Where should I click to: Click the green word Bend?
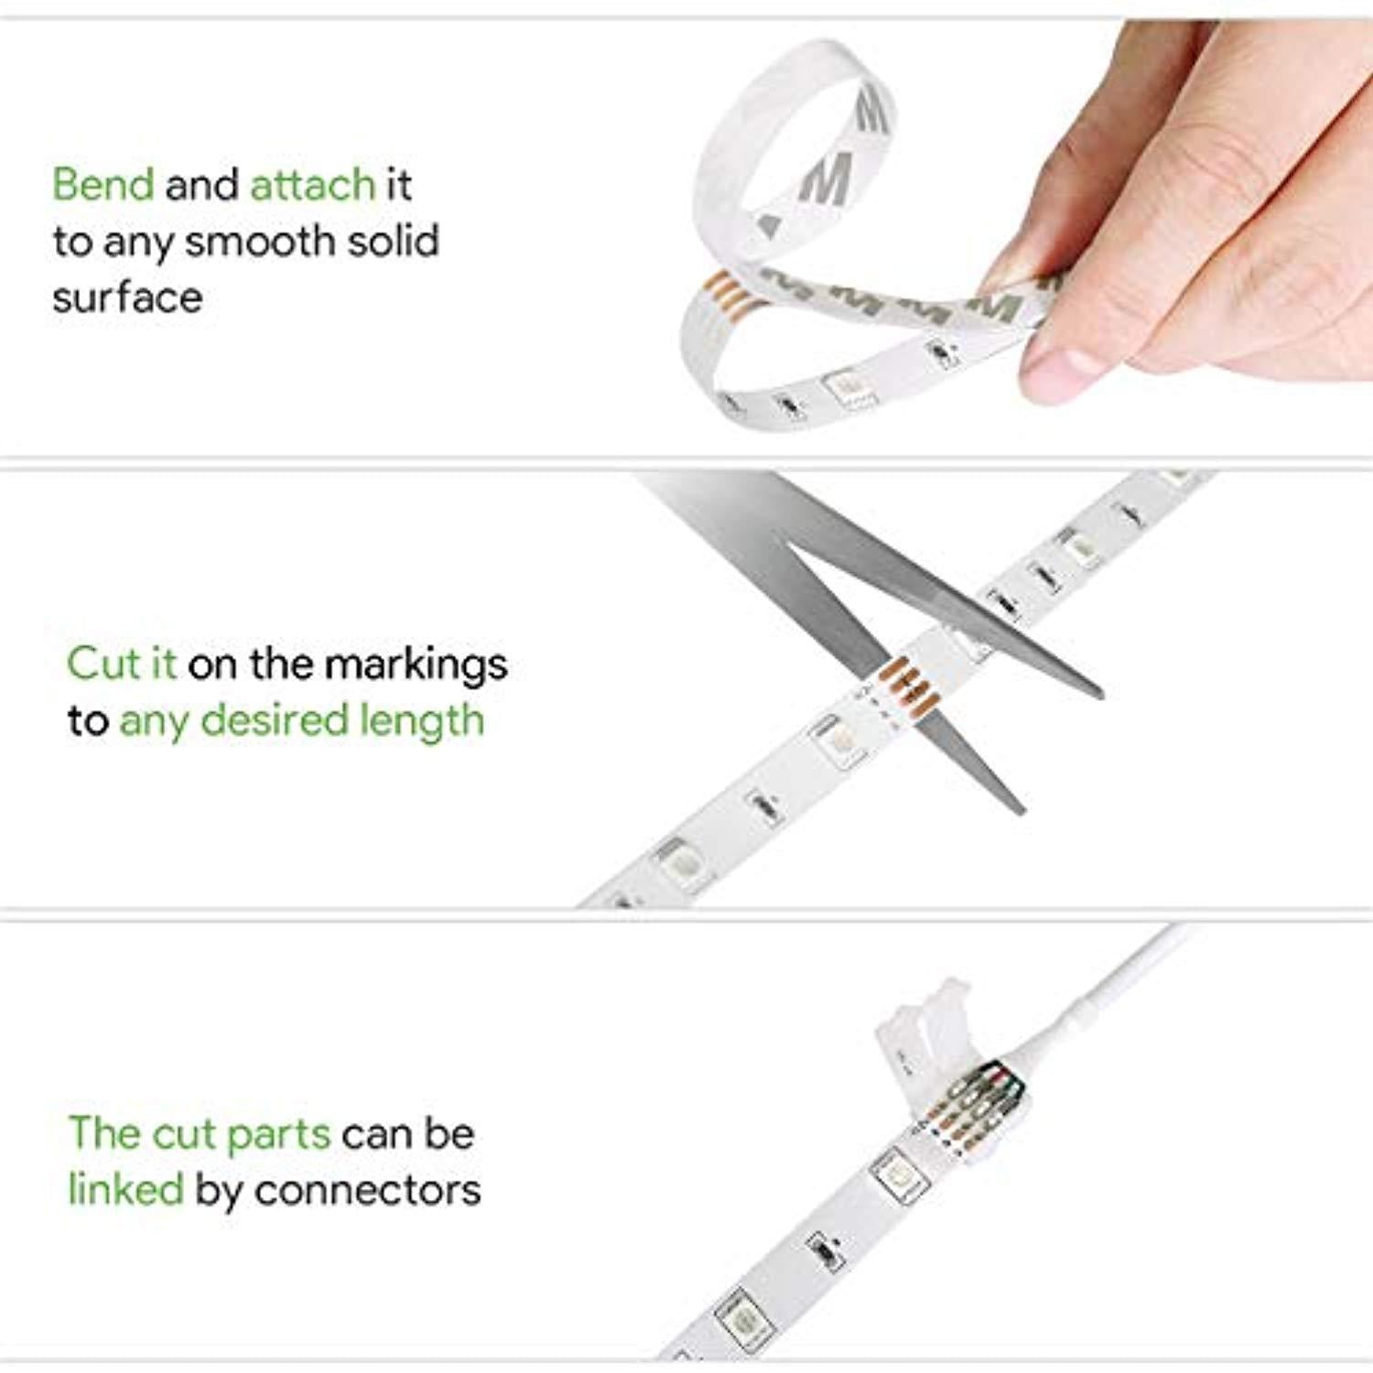103,184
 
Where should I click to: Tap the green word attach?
312,185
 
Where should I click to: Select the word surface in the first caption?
127,297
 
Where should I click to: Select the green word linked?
126,1190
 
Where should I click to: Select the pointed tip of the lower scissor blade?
1021,810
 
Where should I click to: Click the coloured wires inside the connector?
976,1098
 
